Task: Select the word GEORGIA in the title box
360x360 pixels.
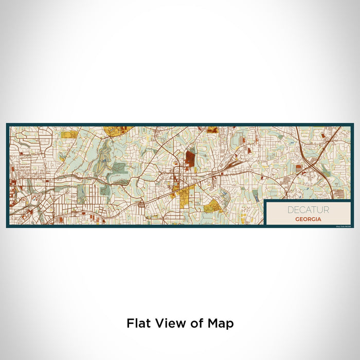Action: click(309, 219)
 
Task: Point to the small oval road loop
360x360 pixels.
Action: click(141, 206)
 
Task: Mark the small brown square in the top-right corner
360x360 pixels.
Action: click(322, 135)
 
